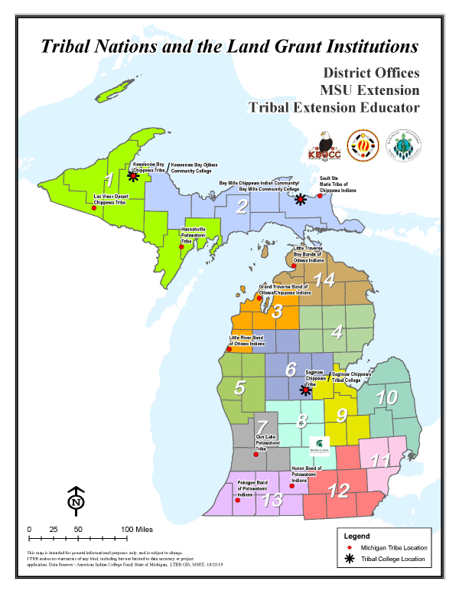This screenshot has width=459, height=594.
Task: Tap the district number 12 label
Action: [338, 489]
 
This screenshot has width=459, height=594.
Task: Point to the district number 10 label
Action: [387, 397]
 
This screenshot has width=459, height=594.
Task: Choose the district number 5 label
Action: [239, 387]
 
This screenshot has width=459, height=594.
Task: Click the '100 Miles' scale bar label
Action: [138, 530]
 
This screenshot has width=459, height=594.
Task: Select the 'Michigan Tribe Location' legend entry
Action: [394, 548]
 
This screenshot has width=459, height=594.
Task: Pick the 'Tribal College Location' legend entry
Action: [394, 560]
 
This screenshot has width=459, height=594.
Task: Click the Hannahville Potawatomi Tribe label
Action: [181, 233]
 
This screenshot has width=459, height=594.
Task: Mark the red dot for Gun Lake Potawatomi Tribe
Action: [256, 454]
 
